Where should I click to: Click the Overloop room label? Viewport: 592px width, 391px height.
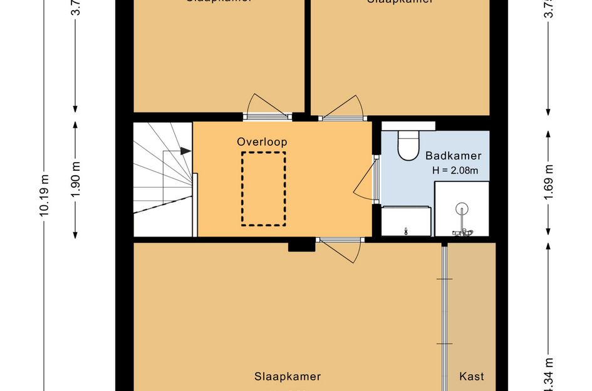pyautogui.click(x=262, y=142)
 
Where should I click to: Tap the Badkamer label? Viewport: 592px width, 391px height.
pyautogui.click(x=454, y=156)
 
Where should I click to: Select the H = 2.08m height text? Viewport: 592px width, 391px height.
pyautogui.click(x=455, y=170)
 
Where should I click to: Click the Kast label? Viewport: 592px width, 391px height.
pyautogui.click(x=472, y=377)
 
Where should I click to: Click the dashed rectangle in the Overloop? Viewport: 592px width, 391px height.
pyautogui.click(x=264, y=188)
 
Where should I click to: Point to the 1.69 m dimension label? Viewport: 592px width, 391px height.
pyautogui.click(x=549, y=185)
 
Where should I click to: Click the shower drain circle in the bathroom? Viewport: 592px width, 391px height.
pyautogui.click(x=462, y=209)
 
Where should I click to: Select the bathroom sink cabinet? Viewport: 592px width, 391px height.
pyautogui.click(x=406, y=221)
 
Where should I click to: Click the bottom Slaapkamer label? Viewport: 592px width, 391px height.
pyautogui.click(x=288, y=377)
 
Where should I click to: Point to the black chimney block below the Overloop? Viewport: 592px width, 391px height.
pyautogui.click(x=301, y=245)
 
